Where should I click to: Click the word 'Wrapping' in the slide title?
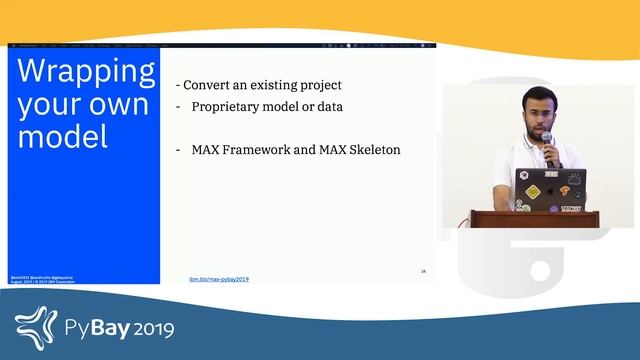coord(86,73)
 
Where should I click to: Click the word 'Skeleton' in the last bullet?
coord(372,149)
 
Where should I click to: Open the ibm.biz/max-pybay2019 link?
coord(219,278)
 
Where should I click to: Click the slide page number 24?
coord(423,271)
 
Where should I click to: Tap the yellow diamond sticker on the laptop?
coord(533,191)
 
